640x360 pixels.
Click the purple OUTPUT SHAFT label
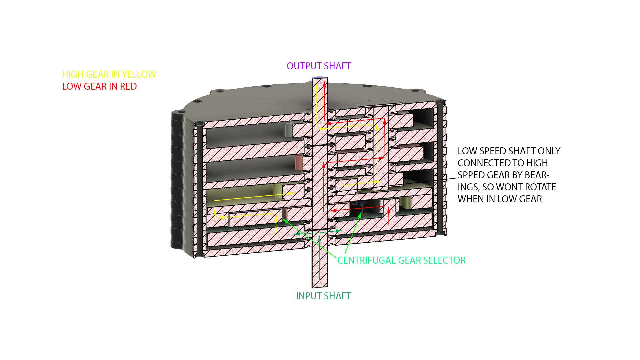click(x=319, y=66)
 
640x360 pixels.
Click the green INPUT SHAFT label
click(x=323, y=296)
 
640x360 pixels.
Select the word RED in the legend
click(x=128, y=86)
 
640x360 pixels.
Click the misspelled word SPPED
click(x=471, y=175)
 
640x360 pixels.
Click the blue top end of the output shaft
click(x=319, y=78)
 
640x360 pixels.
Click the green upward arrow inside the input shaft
click(x=319, y=258)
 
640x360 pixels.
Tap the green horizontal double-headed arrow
click(x=318, y=232)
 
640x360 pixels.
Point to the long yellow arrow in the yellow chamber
click(x=254, y=197)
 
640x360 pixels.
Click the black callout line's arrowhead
click(x=335, y=192)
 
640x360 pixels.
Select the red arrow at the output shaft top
click(x=324, y=101)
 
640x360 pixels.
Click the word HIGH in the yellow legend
click(x=72, y=74)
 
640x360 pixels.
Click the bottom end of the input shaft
click(x=319, y=287)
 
